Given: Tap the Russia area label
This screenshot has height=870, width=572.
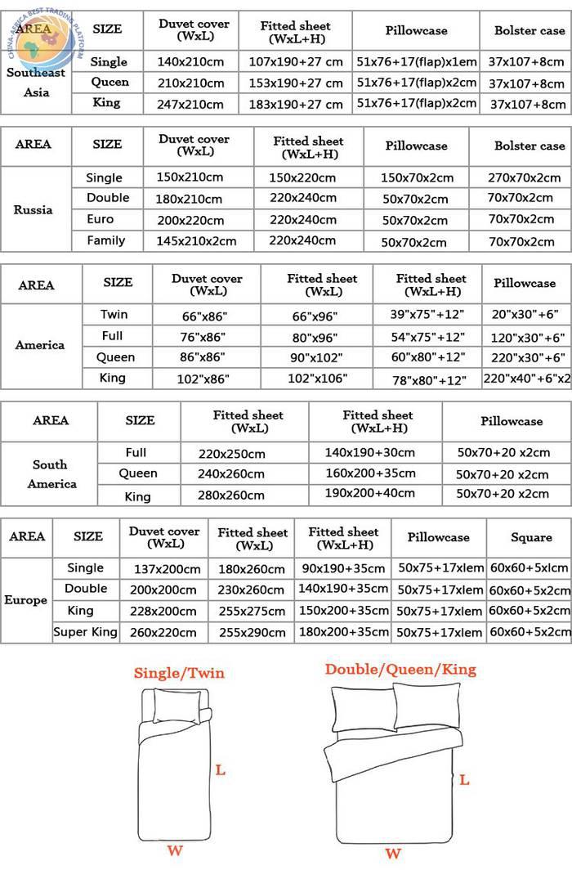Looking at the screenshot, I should click(x=33, y=209).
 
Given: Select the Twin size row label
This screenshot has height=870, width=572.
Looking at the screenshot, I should click(x=114, y=315).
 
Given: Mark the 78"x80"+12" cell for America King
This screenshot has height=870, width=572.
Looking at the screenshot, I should click(x=429, y=379).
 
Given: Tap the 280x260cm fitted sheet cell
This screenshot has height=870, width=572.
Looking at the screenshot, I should click(x=231, y=495).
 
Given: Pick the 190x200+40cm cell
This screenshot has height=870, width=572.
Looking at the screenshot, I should click(x=370, y=493).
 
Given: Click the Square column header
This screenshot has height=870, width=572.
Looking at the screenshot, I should click(x=531, y=537).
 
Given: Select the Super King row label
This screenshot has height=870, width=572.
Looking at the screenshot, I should click(x=85, y=631).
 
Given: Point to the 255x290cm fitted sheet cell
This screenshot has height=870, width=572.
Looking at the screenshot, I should click(x=252, y=632).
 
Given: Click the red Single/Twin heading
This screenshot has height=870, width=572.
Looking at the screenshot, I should click(x=179, y=674).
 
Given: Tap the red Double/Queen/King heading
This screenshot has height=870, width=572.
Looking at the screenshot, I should click(x=400, y=670).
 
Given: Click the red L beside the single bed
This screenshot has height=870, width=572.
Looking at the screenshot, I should click(x=220, y=769).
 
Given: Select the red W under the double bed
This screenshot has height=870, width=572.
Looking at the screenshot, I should click(x=393, y=854).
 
